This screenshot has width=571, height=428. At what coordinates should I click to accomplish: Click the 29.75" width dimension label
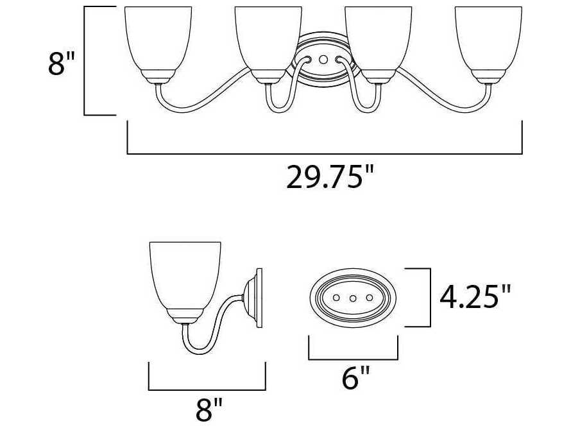(330, 177)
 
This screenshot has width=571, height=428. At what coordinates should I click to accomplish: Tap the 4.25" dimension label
(475, 296)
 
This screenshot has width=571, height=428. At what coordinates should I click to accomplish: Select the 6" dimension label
(355, 378)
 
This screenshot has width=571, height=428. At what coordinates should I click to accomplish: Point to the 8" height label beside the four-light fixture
(61, 64)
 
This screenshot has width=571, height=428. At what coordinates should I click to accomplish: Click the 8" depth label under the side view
(209, 410)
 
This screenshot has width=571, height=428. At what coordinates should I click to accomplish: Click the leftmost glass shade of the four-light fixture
(158, 39)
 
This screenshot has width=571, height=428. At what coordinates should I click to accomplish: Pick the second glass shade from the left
(268, 39)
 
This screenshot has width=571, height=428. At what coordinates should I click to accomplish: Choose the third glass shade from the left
(379, 39)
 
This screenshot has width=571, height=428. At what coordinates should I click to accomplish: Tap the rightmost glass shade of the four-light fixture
(488, 39)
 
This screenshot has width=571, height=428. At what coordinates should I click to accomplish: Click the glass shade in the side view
(185, 275)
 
